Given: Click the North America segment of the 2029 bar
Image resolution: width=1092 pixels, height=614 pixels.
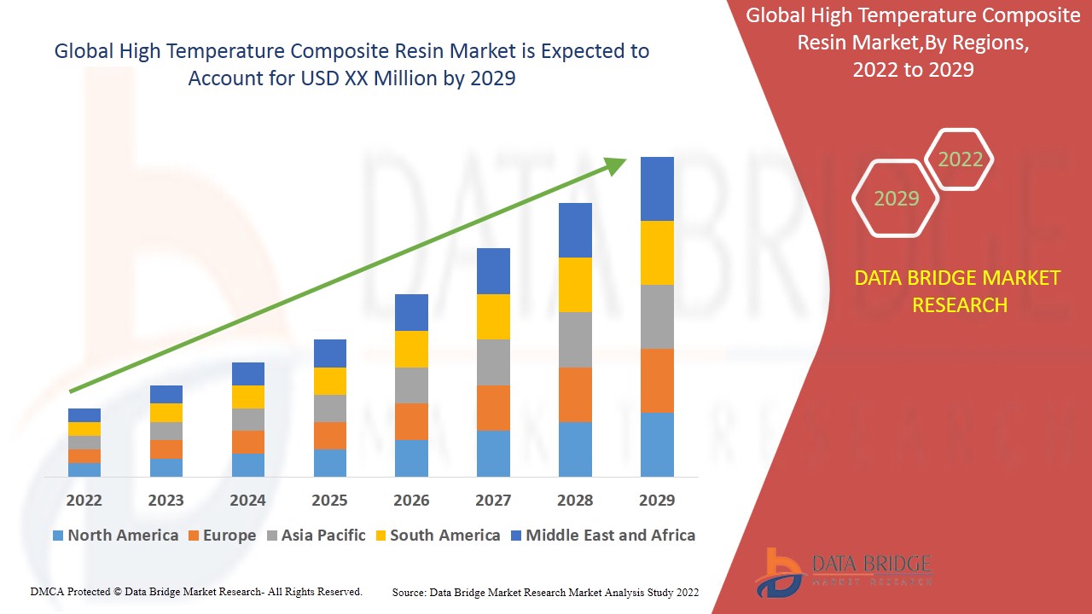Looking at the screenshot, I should tap(657, 444).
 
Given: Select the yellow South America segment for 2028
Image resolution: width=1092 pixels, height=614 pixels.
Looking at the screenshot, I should tap(575, 285).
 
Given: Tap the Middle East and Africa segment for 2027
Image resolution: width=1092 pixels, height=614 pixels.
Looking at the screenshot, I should tap(493, 271).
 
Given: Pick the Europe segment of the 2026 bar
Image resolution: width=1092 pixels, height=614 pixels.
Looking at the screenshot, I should tap(411, 421).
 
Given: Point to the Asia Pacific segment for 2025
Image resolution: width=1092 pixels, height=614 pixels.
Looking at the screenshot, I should tap(330, 408).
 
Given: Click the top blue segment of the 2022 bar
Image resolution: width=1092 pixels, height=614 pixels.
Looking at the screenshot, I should tap(84, 415).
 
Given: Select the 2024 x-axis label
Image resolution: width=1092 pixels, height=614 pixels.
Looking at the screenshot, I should tap(247, 500).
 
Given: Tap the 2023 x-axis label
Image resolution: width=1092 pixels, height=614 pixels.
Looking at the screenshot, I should tap(166, 500).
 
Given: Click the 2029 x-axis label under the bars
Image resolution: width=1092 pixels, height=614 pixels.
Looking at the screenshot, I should tap(657, 500).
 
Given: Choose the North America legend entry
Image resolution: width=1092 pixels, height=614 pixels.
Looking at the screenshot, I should tap(115, 536).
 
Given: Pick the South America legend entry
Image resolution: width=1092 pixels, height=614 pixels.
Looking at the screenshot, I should tap(437, 536).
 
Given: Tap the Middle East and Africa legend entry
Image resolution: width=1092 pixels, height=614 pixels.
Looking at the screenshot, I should tap(602, 536).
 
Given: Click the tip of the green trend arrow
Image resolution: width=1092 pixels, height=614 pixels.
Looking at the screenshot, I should tap(625, 159).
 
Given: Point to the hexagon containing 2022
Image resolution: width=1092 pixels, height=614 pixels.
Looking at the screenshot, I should tap(960, 159).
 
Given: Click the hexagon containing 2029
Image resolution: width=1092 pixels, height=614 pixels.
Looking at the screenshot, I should tap(896, 199).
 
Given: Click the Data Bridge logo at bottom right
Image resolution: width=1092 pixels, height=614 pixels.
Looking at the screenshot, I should tap(841, 571).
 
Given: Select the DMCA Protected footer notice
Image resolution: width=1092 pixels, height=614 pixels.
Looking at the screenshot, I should tap(196, 591).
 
